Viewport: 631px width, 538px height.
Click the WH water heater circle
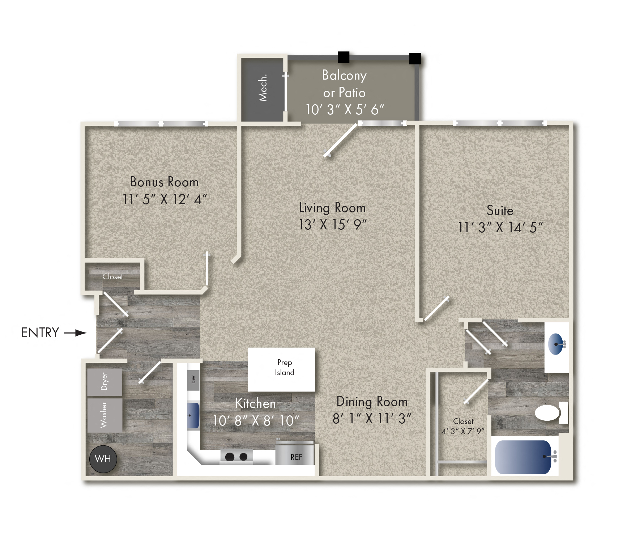click(103, 459)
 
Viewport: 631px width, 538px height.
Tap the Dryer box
click(105, 382)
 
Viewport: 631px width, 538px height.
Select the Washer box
click(105, 415)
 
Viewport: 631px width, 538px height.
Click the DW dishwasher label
click(193, 380)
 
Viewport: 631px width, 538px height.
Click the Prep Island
click(282, 369)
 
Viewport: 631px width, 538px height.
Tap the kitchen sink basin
click(193, 415)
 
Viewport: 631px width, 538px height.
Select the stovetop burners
click(236, 457)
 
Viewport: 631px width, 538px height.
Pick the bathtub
click(523, 457)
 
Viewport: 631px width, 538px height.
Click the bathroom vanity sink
click(556, 344)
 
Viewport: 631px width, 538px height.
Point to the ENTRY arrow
click(76, 332)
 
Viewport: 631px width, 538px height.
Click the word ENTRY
click(40, 332)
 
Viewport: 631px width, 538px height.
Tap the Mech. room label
click(263, 88)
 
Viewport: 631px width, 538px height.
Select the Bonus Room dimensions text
click(165, 199)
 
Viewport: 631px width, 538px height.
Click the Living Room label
click(332, 208)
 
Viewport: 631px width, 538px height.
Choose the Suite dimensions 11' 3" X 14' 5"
click(500, 228)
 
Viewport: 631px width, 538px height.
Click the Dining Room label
click(372, 402)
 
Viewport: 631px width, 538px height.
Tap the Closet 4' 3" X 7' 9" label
click(463, 426)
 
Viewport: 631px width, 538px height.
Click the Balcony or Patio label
click(344, 84)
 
